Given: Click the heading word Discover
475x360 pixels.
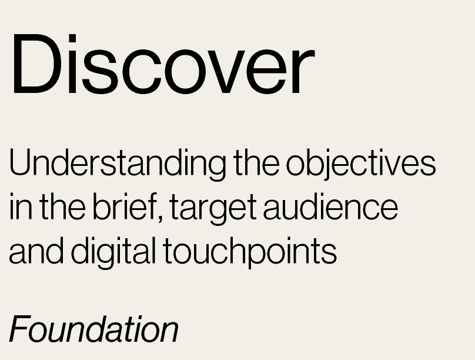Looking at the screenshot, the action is [163, 64].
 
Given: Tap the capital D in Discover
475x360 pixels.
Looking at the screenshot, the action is [37, 64].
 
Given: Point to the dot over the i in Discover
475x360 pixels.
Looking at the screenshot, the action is [72, 38].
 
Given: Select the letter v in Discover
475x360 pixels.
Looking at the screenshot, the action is [226, 72].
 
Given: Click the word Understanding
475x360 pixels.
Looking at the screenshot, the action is [118, 164].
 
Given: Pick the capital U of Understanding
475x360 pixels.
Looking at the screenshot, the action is [22, 162].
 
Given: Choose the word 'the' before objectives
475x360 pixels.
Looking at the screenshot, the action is [256, 162].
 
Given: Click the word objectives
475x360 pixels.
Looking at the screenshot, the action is [361, 164].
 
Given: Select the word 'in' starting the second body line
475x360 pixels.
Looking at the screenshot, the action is [21, 206].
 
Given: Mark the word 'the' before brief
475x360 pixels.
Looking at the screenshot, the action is [62, 206].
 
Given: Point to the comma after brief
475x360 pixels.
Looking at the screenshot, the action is [160, 219].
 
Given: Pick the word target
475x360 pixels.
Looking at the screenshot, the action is [213, 208].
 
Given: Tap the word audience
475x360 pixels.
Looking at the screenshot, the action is [330, 206].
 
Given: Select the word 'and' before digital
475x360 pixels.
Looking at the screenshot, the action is [36, 251].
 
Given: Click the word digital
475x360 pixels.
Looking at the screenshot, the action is [113, 253].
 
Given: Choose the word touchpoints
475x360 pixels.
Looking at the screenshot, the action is [250, 253].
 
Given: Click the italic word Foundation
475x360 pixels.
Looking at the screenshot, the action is [94, 329].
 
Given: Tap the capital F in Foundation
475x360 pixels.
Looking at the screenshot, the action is [21, 329].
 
